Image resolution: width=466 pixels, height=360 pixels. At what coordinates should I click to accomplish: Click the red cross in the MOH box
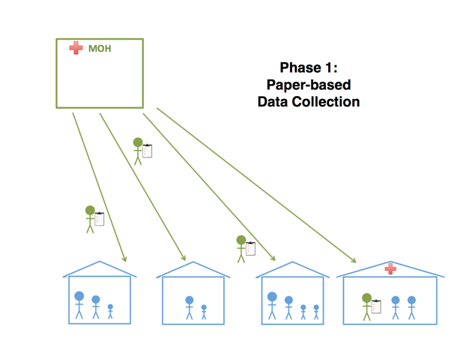(x=76, y=48)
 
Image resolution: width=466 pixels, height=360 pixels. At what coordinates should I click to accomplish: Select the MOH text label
(x=100, y=49)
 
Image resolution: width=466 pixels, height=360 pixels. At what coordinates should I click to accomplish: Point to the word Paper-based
(x=309, y=83)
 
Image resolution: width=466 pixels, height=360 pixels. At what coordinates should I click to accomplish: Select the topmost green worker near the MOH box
(x=138, y=151)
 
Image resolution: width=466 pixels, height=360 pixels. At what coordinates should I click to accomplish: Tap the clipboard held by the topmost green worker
(x=148, y=151)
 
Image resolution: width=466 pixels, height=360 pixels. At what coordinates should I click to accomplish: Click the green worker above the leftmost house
(x=90, y=219)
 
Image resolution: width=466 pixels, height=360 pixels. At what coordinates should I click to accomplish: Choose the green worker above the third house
(x=241, y=248)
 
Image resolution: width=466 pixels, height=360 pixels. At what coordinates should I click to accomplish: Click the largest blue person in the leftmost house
(x=79, y=304)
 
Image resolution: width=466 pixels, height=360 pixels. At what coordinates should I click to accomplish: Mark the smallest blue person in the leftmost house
(x=110, y=310)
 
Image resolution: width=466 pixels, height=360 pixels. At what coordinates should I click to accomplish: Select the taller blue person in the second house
(x=190, y=307)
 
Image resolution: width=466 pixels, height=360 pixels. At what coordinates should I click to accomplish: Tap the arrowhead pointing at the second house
(x=183, y=259)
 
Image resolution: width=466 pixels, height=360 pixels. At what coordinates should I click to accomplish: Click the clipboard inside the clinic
(x=377, y=306)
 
